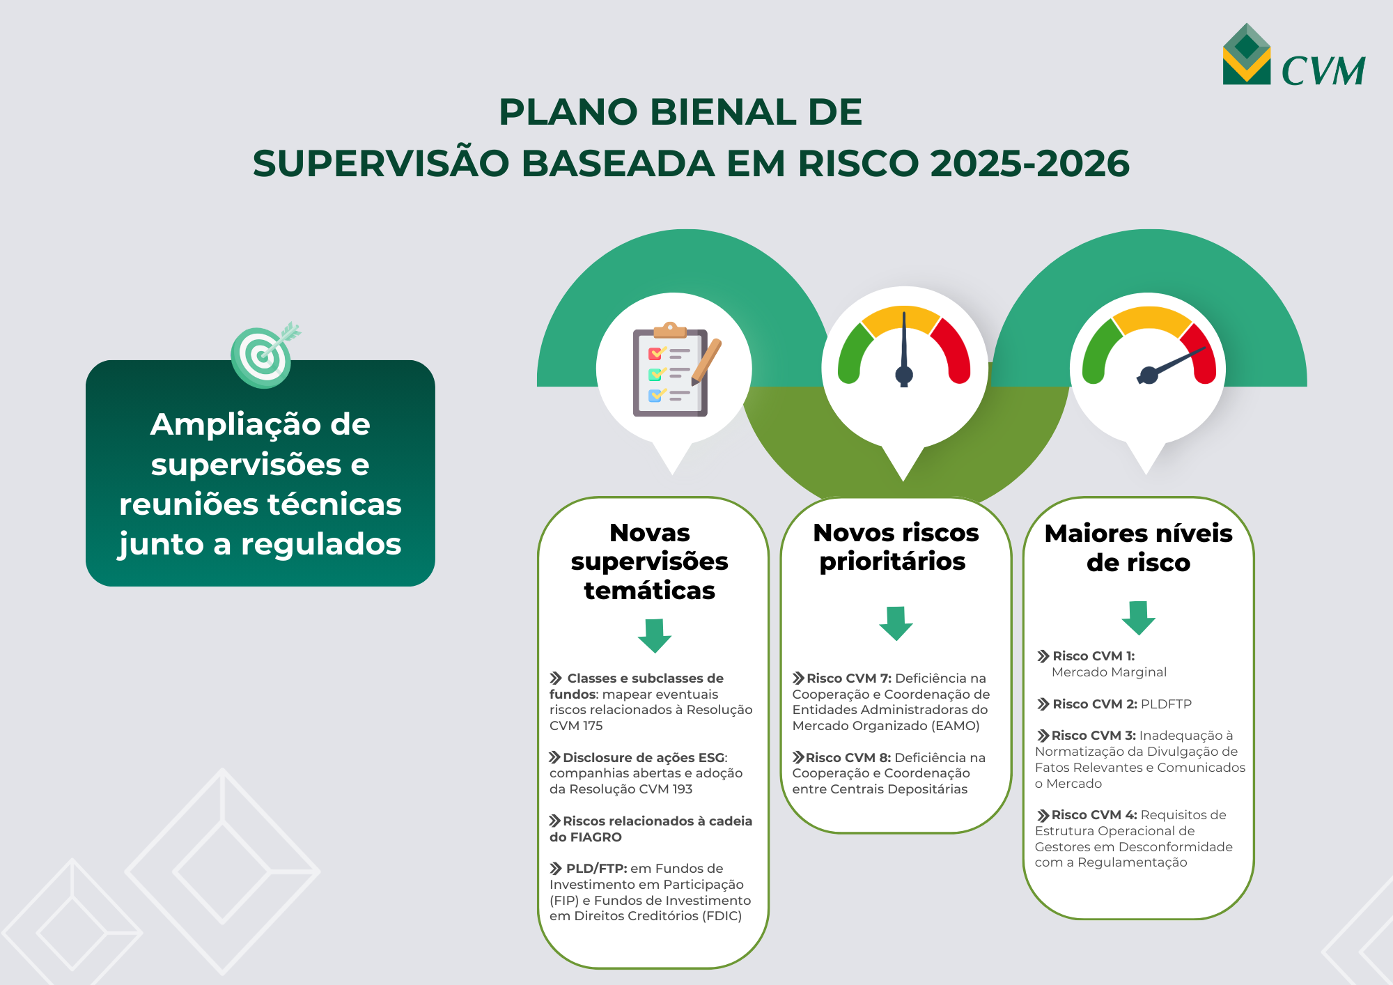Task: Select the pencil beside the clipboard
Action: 707,361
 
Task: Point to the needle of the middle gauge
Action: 904,345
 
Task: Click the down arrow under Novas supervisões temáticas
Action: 655,635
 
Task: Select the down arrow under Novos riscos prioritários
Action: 896,622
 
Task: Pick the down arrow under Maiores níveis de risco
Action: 1138,617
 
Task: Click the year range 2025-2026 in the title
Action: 1029,164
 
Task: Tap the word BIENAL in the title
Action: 722,112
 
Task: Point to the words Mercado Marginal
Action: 1109,672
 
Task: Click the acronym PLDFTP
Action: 1166,704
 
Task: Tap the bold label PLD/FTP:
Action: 596,869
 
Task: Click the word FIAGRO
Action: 596,837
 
